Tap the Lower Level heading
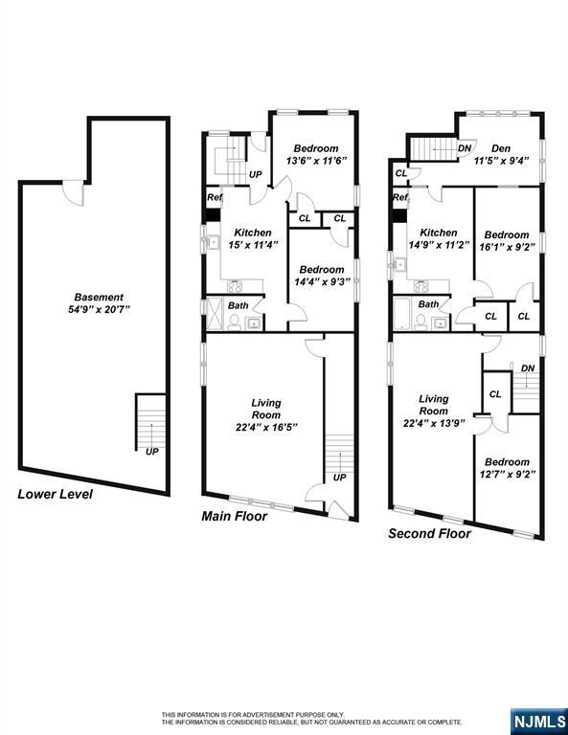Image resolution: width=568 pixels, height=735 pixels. coord(56,495)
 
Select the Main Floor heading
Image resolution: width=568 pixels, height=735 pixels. coord(234,516)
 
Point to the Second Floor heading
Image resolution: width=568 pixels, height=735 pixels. coord(429,534)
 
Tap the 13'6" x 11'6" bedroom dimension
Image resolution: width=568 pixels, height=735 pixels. coord(316,161)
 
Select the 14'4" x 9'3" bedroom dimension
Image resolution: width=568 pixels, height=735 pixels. coord(320,281)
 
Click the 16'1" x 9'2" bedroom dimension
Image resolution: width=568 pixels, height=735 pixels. coord(507,247)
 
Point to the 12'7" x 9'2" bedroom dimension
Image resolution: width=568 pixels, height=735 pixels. coord(507,473)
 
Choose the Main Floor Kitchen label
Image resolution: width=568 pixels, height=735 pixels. coord(253,233)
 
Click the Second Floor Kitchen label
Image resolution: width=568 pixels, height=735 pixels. coord(438,233)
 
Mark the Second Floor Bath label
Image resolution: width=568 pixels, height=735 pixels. coord(428,304)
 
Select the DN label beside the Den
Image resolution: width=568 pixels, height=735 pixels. coord(464,147)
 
